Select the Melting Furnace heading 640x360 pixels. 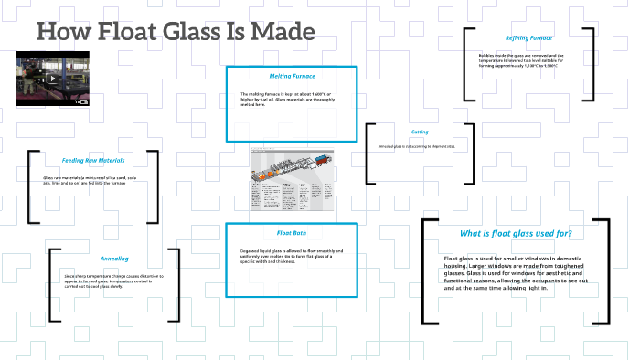pos(292,76)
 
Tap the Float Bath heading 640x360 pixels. pos(291,232)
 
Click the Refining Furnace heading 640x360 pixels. pos(528,37)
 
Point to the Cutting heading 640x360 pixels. pos(420,132)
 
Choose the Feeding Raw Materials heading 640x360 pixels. pos(92,160)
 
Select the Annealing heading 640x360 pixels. pos(114,259)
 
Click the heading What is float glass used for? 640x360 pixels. pos(516,233)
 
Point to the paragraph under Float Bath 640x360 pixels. pos(290,258)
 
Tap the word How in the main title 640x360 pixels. pos(60,31)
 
